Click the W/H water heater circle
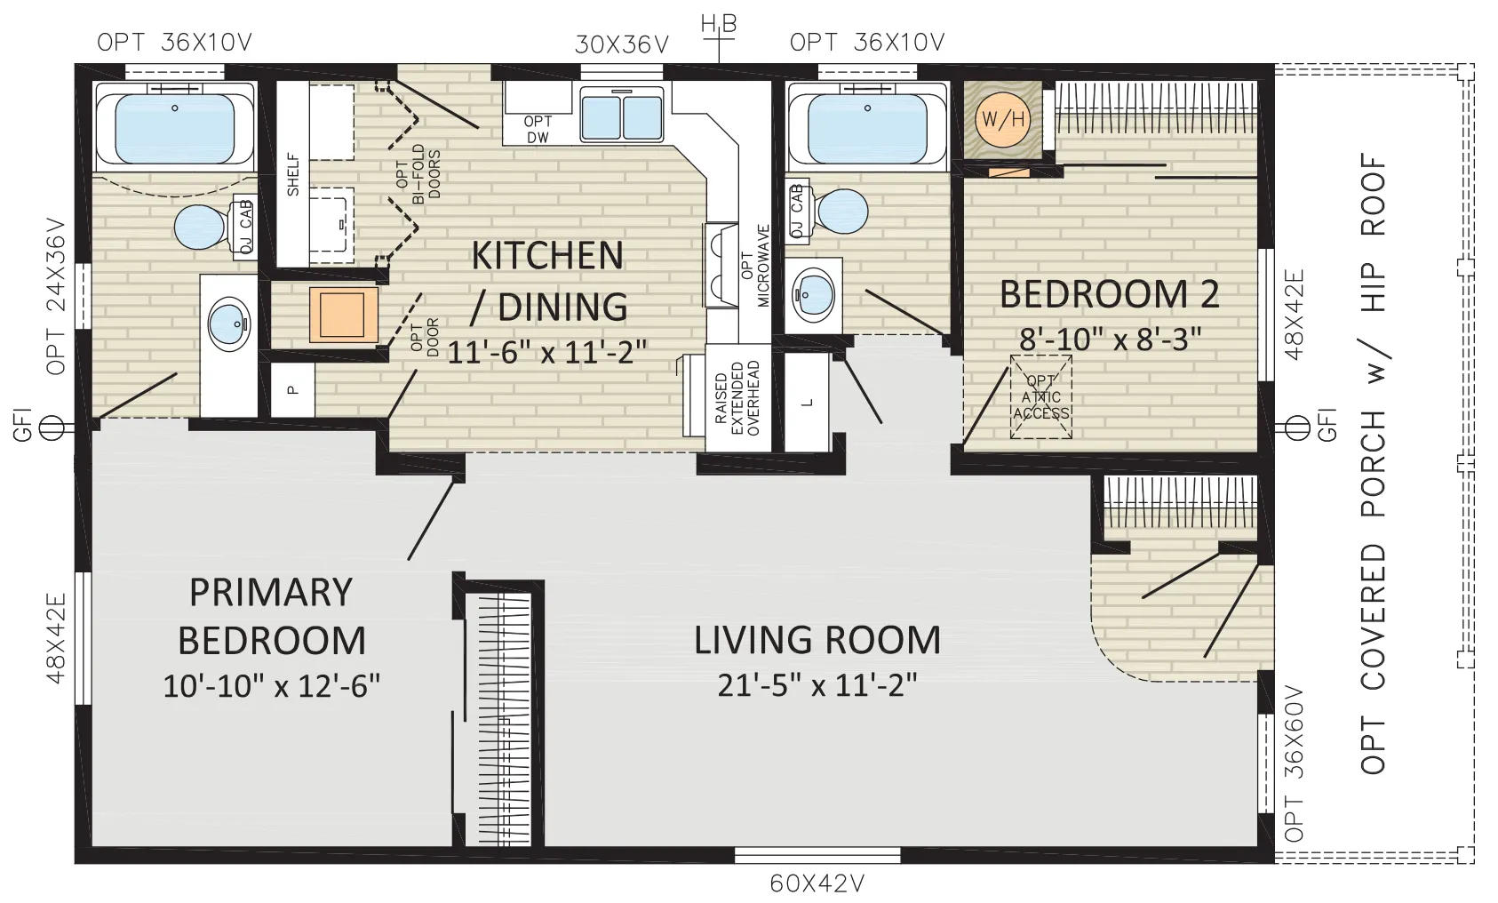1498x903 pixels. coord(1002,120)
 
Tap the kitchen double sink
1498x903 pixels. coord(621,116)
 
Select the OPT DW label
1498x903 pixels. coord(538,130)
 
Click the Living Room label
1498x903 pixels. coord(817,640)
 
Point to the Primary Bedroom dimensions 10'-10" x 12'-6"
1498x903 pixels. coord(272,685)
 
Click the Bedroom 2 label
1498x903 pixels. coord(1110,294)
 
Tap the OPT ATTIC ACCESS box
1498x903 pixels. coord(1041,397)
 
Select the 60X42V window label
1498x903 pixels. coord(817,883)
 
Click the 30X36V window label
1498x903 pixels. coord(622,44)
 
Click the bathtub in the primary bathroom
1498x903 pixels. coord(175,126)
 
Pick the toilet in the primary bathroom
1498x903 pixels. coord(213,227)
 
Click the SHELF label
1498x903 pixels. coord(293,175)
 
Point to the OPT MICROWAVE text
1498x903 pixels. coord(756,266)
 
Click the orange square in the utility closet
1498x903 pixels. coord(344,315)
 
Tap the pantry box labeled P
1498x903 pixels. coord(292,390)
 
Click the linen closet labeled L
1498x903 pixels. coord(807,402)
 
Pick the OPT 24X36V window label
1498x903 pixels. coord(57,296)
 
